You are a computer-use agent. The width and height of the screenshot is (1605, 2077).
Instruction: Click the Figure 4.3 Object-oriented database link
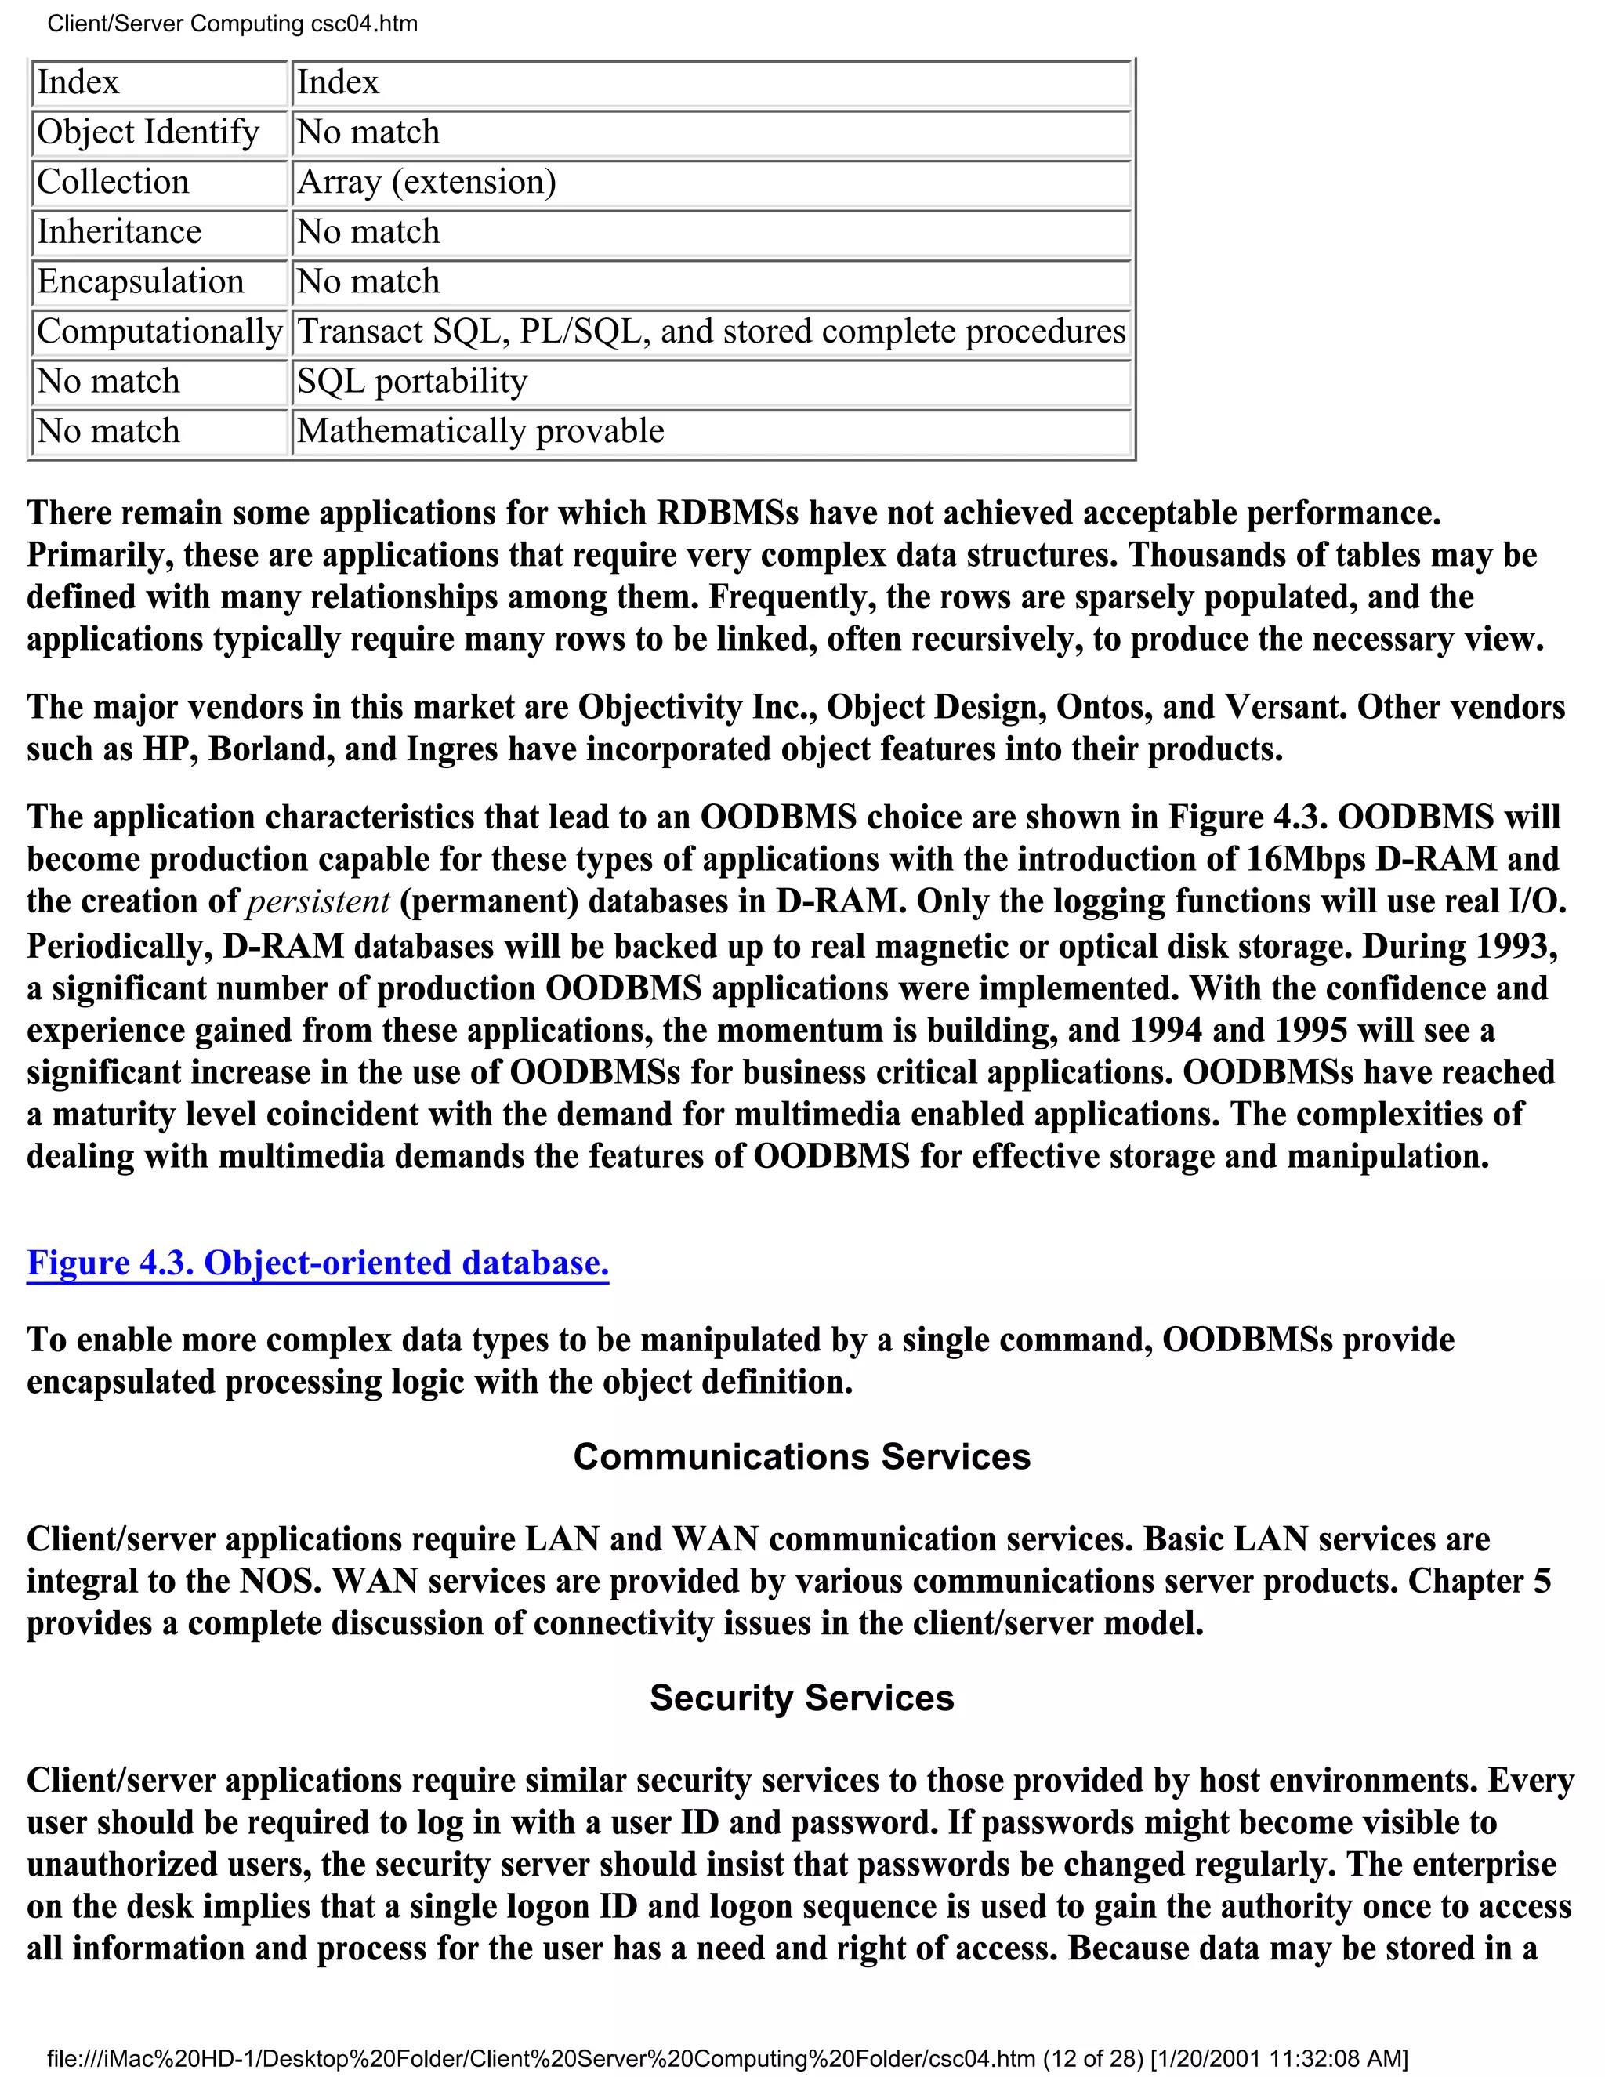click(317, 1263)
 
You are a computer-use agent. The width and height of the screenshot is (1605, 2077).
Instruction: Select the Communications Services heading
click(802, 1457)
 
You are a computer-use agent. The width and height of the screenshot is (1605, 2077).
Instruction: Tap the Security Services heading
click(802, 1698)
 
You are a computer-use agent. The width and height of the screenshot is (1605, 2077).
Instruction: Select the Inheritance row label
click(119, 232)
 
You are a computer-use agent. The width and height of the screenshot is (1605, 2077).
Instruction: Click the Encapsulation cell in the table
click(139, 282)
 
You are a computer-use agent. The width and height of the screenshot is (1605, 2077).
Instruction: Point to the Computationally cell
click(159, 332)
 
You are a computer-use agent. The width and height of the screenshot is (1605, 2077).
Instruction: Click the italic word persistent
click(317, 901)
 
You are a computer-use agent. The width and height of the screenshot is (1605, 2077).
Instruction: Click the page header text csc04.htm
click(364, 24)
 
